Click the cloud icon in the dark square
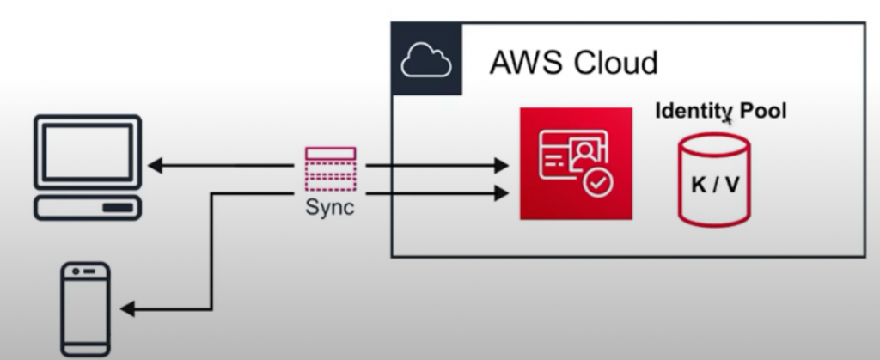point(427,59)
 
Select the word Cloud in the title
point(615,62)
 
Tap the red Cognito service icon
point(576,163)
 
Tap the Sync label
point(330,209)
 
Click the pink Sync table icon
point(331,168)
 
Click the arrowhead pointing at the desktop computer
point(154,163)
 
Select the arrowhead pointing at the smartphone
point(126,308)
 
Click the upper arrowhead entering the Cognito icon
point(502,163)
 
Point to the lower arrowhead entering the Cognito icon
point(502,195)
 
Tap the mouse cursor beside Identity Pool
point(728,119)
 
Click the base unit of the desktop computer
point(87,206)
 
